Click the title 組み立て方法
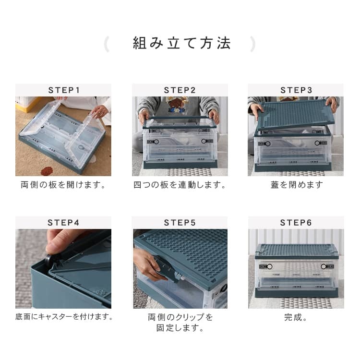pyautogui.click(x=181, y=43)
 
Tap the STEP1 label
pyautogui.click(x=64, y=90)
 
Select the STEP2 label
pyautogui.click(x=180, y=90)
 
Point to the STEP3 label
pyautogui.click(x=296, y=90)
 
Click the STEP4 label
pyautogui.click(x=63, y=222)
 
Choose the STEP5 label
pyautogui.click(x=180, y=222)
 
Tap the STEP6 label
pyautogui.click(x=296, y=222)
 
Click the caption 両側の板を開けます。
pyautogui.click(x=63, y=185)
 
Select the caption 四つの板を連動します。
pyautogui.click(x=180, y=185)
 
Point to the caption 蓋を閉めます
pyautogui.click(x=297, y=185)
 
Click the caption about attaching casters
pyautogui.click(x=64, y=317)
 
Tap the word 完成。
pyautogui.click(x=296, y=317)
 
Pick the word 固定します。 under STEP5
pyautogui.click(x=180, y=328)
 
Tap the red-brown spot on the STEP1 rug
pyautogui.click(x=47, y=171)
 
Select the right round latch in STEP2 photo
pyautogui.click(x=204, y=141)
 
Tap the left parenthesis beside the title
pyautogui.click(x=107, y=44)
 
